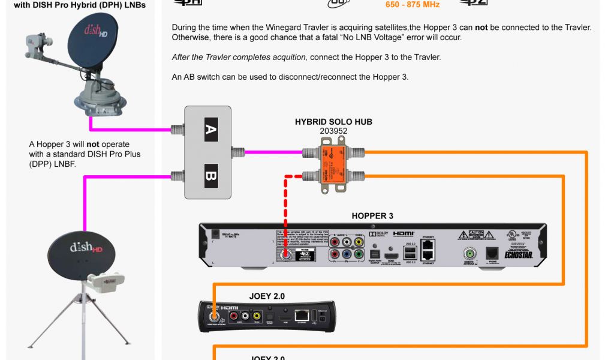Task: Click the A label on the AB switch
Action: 210,130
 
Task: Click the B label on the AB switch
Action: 210,176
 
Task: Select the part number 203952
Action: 333,131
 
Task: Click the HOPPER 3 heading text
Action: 372,216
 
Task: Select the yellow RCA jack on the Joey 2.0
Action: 257,316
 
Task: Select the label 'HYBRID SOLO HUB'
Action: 333,122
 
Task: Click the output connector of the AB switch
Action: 237,152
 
